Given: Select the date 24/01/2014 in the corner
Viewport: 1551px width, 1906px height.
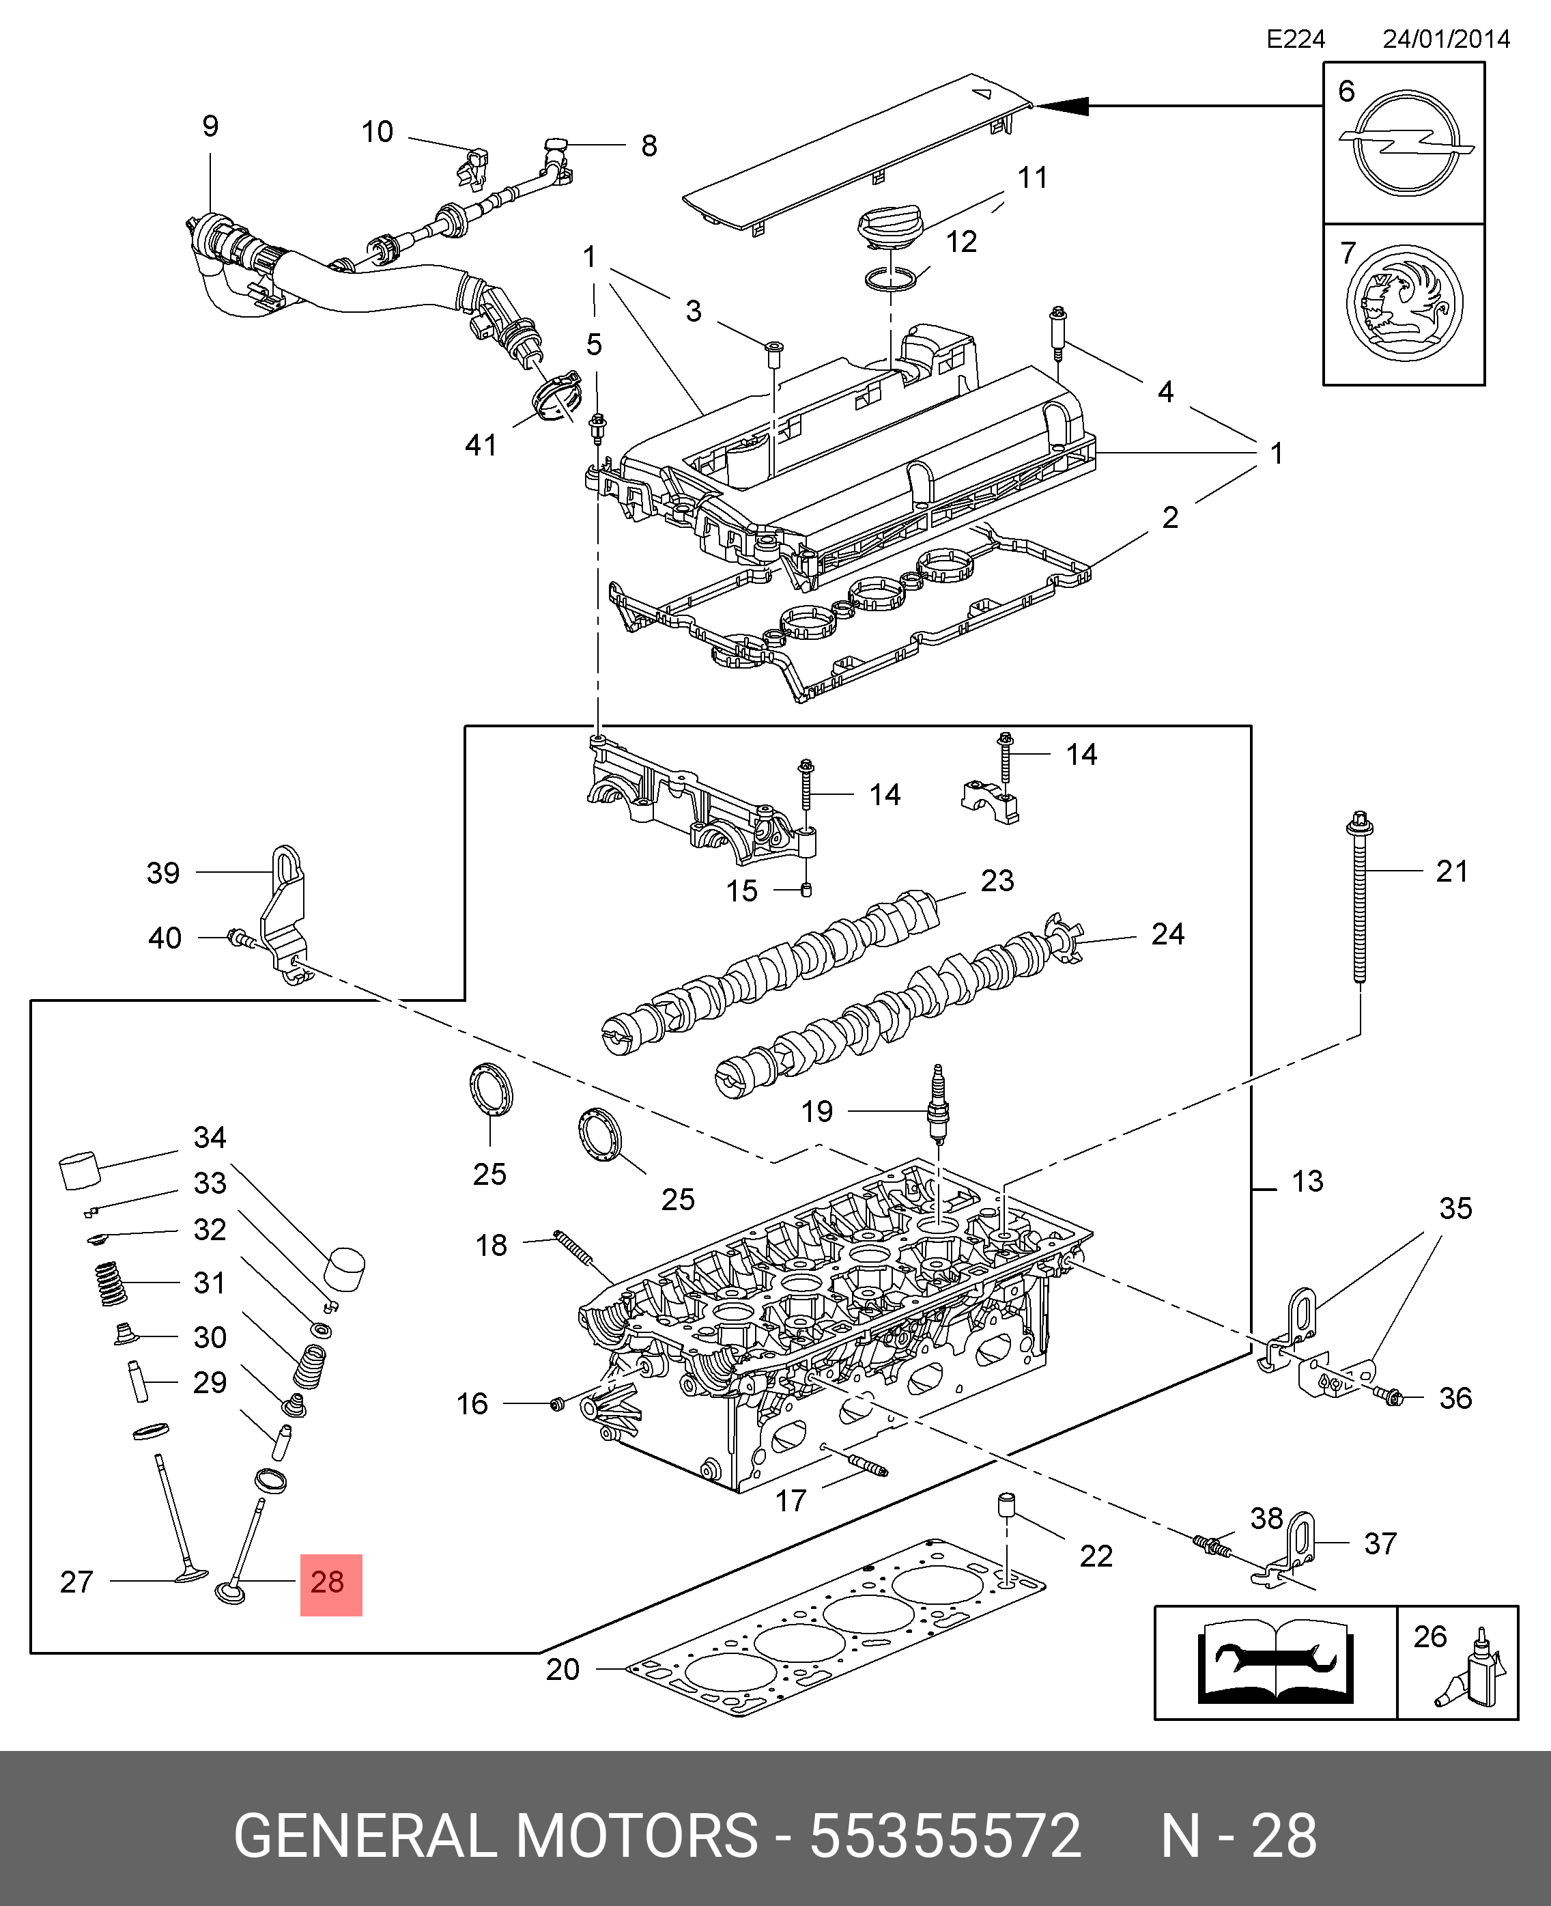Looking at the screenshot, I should click(x=1446, y=40).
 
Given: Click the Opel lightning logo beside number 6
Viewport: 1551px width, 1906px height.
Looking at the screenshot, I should click(x=1406, y=142).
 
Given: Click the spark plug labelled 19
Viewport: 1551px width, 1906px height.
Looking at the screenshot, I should click(x=938, y=1106).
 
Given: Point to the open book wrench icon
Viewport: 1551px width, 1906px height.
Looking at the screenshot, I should click(x=1275, y=1663).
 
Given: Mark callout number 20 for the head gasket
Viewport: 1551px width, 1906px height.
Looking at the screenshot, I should click(x=563, y=1669).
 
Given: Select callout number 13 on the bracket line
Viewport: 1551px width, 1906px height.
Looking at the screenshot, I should click(x=1307, y=1181).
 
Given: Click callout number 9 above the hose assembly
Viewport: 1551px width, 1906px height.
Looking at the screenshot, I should click(x=210, y=126).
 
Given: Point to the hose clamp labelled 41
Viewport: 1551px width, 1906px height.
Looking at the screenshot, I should click(x=556, y=397).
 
